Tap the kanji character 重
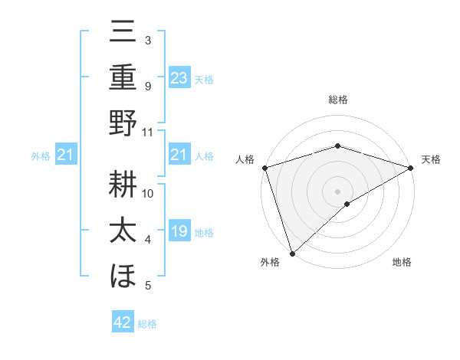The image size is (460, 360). point(123,77)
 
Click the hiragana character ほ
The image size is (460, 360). point(123,275)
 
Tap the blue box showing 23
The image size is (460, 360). point(179,77)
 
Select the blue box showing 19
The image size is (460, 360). point(179,231)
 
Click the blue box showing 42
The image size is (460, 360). point(123,322)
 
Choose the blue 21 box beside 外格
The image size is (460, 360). point(66,155)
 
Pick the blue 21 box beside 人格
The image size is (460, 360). point(179,155)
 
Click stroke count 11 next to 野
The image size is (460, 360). point(148,132)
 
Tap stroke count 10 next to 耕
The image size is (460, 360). point(148,193)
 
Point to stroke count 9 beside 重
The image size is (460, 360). point(148,86)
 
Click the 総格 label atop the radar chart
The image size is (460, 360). point(337,100)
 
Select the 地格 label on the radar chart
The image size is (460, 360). point(402,263)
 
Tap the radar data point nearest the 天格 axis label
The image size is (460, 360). point(412,169)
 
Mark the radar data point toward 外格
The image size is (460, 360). point(293,252)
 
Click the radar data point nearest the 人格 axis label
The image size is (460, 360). point(264,168)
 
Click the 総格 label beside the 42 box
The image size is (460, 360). point(147,324)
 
